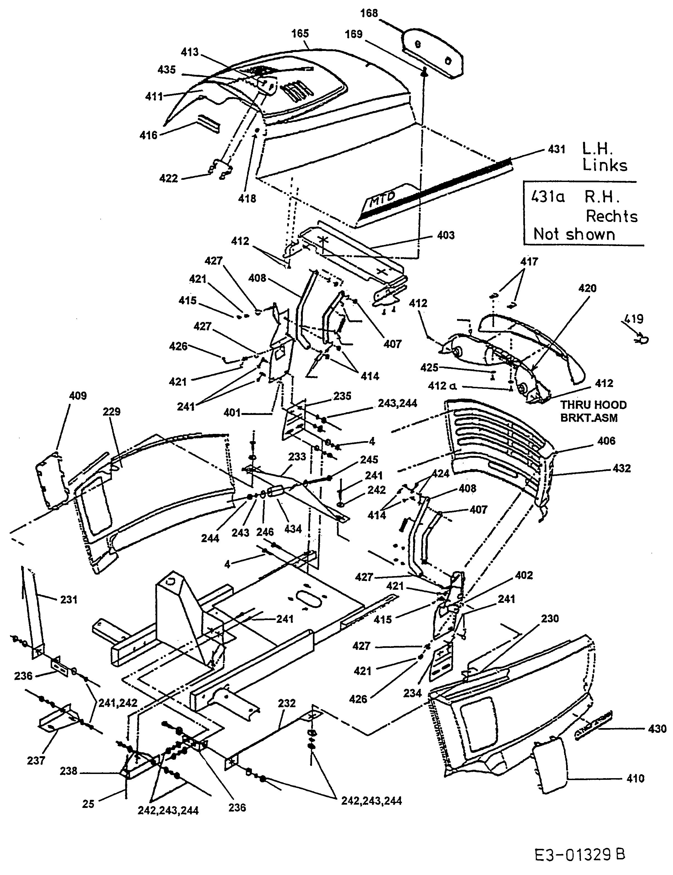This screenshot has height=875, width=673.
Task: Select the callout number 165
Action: coord(300,34)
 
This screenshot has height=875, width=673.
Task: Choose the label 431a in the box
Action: coord(548,197)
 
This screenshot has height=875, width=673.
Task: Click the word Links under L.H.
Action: coord(605,165)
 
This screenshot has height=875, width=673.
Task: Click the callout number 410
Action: coord(635,778)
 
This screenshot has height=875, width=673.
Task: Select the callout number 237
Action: coord(36,760)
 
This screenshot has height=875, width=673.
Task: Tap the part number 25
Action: coord(88,804)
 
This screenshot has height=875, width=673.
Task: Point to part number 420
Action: coord(587,288)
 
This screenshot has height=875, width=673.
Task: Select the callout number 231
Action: coord(68,599)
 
